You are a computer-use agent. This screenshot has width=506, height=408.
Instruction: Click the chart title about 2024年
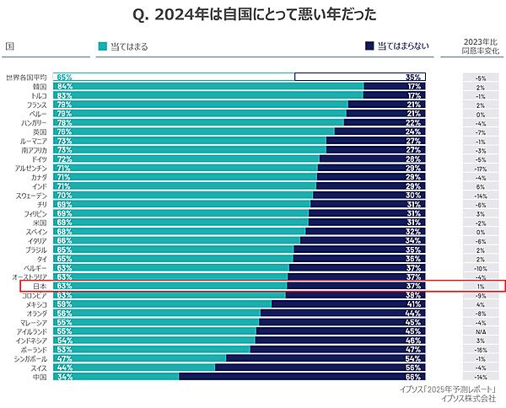click(253, 14)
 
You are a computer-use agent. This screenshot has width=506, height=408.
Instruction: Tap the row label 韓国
click(39, 87)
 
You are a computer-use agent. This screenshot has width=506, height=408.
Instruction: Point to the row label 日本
click(39, 287)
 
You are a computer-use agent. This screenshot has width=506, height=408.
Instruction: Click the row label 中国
click(39, 378)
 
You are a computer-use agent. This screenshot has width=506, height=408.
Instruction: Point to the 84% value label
click(64, 87)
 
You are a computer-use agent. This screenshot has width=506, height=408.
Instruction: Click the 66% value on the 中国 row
click(413, 378)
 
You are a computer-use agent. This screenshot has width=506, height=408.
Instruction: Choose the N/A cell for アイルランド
click(480, 332)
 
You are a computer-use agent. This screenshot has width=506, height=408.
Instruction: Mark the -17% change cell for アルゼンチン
click(480, 169)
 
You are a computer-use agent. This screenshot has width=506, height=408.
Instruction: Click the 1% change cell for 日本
click(480, 287)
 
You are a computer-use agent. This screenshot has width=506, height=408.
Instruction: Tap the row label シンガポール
click(30, 359)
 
